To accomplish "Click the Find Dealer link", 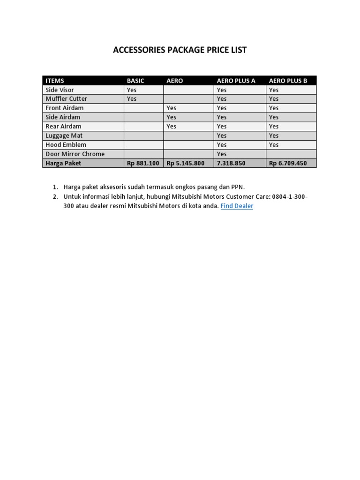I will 237,206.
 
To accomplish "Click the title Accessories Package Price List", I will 180,50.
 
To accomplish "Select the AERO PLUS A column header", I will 236,81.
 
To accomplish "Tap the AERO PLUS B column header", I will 288,81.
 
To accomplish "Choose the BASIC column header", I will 135,81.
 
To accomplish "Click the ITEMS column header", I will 55,81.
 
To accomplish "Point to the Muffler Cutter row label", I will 66,99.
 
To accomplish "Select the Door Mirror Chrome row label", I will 75,154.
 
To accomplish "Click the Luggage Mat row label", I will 64,135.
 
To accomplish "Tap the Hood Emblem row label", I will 66,145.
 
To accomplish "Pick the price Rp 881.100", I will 143,163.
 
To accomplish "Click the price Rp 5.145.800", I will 186,163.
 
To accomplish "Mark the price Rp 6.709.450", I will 288,163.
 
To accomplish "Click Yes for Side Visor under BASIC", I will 132,90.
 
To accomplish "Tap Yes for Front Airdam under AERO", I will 172,108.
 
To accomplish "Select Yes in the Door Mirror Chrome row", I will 222,154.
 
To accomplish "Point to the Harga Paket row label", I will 63,163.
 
